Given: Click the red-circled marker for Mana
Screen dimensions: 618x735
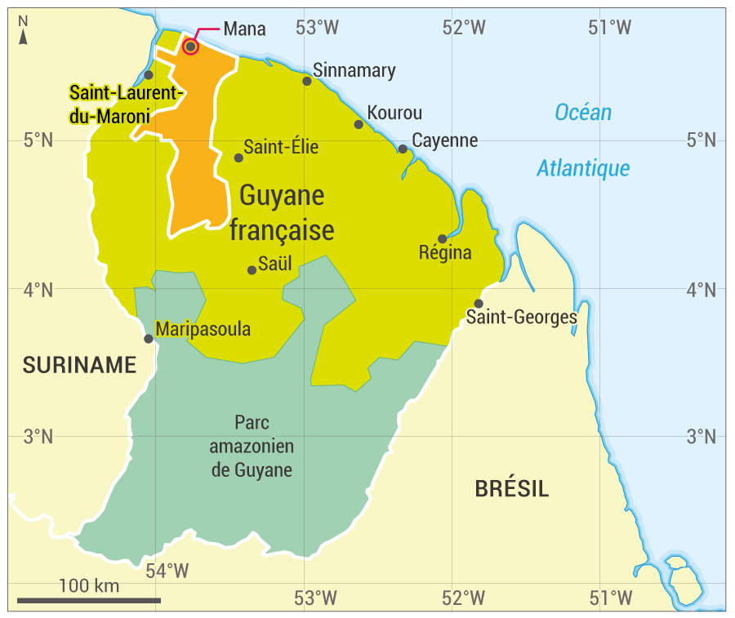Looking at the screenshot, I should pyautogui.click(x=190, y=47).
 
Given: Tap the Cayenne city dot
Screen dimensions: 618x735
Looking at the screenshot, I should pyautogui.click(x=403, y=149).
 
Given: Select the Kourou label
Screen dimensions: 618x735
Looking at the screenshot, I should pyautogui.click(x=394, y=113).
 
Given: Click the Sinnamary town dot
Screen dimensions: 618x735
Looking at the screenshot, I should pyautogui.click(x=307, y=80).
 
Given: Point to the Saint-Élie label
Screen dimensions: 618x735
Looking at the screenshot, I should pyautogui.click(x=281, y=148).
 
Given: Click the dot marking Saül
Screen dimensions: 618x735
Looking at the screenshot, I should pyautogui.click(x=252, y=269).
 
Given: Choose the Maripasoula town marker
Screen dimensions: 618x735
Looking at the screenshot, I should pyautogui.click(x=149, y=338).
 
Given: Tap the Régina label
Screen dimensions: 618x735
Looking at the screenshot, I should pyautogui.click(x=445, y=252).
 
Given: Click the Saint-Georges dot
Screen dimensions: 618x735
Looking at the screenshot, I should pyautogui.click(x=479, y=304).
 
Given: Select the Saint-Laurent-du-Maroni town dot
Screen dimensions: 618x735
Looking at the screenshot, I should pyautogui.click(x=149, y=75).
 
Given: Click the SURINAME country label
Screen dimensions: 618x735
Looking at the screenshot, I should pyautogui.click(x=79, y=366).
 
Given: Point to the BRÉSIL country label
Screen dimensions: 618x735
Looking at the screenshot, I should pyautogui.click(x=512, y=489).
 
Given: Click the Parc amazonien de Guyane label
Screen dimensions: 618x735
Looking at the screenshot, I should pyautogui.click(x=252, y=447).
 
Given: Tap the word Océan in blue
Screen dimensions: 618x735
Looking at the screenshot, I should pyautogui.click(x=583, y=113).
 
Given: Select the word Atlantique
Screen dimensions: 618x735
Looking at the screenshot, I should pyautogui.click(x=583, y=169).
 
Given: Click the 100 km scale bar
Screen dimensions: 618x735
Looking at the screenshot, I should pyautogui.click(x=89, y=601).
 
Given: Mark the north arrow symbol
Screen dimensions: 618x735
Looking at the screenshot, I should pyautogui.click(x=24, y=33).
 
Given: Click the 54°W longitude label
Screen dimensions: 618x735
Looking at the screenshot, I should pyautogui.click(x=167, y=571).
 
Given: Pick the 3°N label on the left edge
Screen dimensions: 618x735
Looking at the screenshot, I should pyautogui.click(x=38, y=436).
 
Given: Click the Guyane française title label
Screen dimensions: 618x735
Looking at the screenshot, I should pyautogui.click(x=281, y=213).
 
